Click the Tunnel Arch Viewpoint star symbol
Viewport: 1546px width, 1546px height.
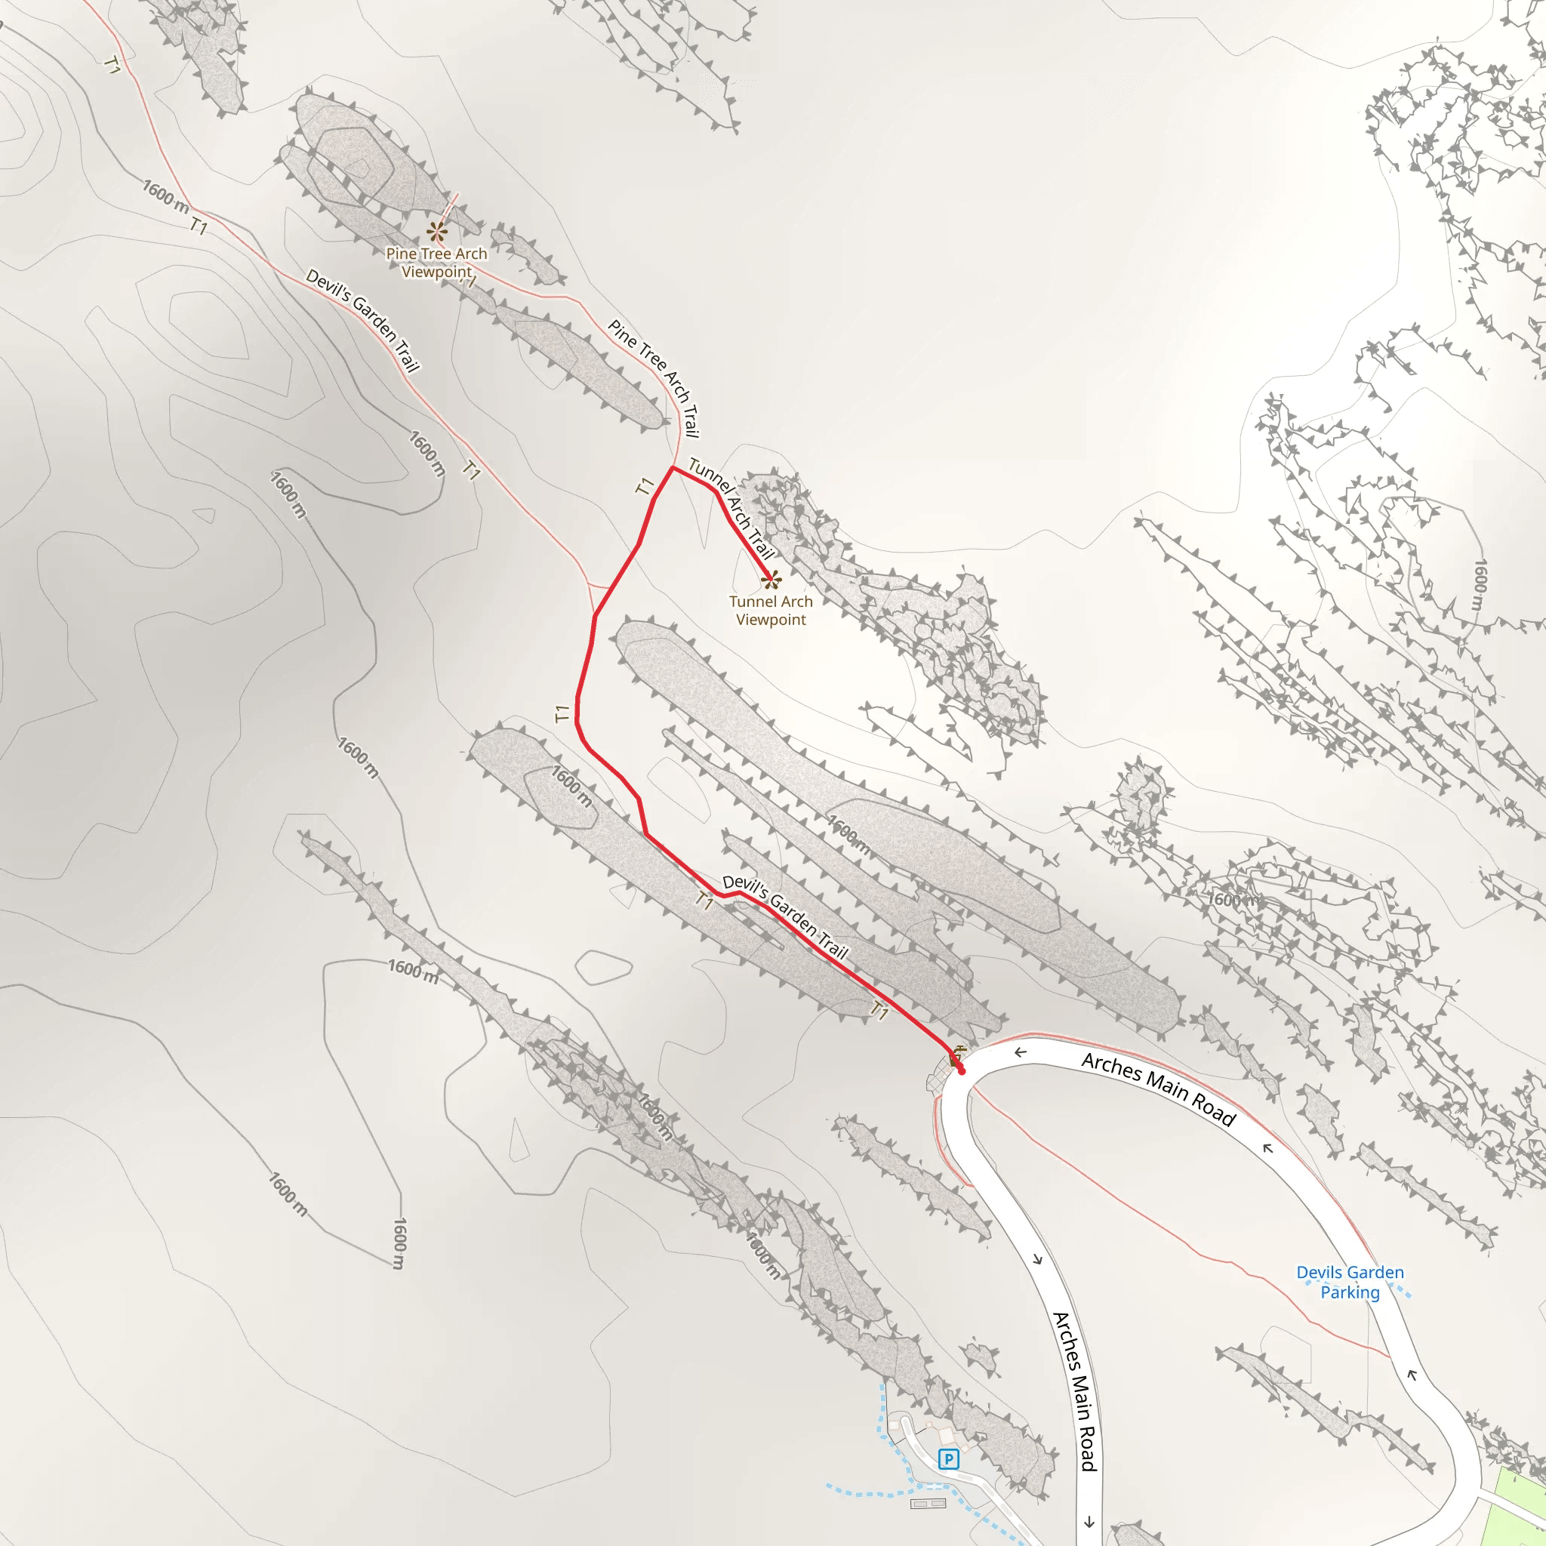[771, 579]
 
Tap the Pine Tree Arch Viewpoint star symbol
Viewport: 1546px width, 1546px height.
[436, 232]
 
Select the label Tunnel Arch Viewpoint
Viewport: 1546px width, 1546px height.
[771, 611]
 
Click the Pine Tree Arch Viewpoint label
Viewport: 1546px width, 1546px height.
[436, 263]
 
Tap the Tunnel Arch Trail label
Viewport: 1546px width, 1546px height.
[731, 508]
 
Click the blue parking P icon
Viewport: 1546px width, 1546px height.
[948, 1458]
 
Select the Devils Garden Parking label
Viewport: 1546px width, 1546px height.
[1350, 1282]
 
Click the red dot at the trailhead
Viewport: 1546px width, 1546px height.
[961, 1070]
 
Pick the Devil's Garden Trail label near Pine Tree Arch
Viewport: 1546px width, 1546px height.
[362, 320]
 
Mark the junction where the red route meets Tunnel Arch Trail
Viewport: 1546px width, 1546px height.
[672, 467]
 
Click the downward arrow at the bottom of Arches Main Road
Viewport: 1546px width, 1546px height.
[1089, 1521]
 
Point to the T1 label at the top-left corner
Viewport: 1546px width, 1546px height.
[112, 66]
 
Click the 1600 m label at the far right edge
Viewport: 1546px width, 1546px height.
[1480, 587]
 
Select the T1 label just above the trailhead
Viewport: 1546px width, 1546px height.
[879, 1012]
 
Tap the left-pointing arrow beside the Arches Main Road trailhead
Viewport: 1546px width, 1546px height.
[1019, 1052]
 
